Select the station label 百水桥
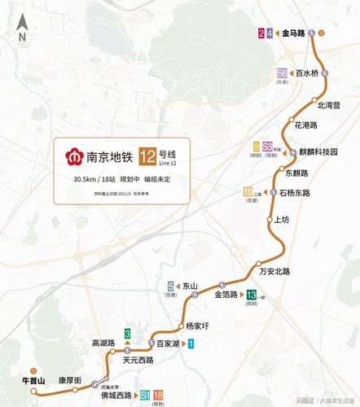click(x=307, y=72)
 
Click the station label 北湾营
click(x=328, y=105)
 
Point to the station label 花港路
click(x=305, y=125)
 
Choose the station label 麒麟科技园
click(x=318, y=152)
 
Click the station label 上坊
click(x=282, y=220)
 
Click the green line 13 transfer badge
click(x=252, y=295)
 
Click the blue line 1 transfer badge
click(x=191, y=344)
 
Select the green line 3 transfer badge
click(x=127, y=334)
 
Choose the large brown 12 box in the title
click(x=148, y=155)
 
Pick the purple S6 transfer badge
click(x=283, y=72)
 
